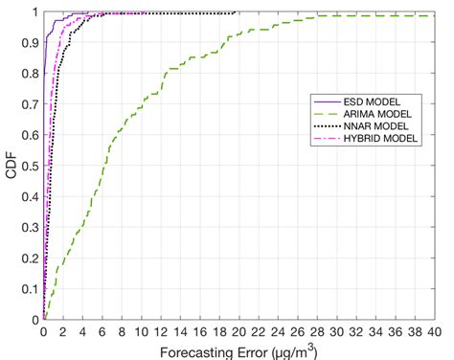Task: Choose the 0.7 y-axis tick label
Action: pyautogui.click(x=32, y=104)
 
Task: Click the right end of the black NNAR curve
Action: pyautogui.click(x=237, y=12)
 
